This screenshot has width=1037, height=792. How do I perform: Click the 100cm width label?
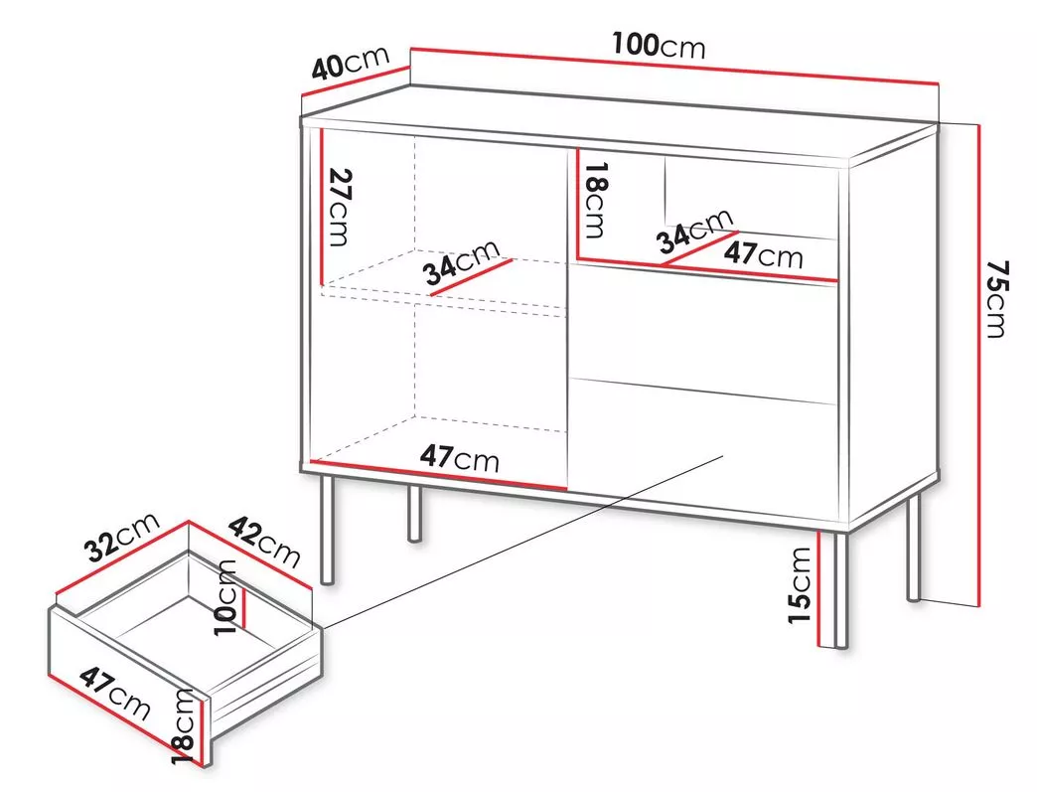[658, 46]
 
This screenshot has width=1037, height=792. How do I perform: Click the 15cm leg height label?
[800, 585]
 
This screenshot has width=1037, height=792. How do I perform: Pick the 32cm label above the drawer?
[123, 537]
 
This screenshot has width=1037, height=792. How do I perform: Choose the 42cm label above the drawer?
[264, 542]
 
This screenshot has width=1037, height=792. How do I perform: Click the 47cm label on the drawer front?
[115, 694]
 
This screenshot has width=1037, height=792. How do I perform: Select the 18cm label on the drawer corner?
[183, 727]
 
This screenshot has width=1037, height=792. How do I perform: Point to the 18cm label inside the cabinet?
[593, 201]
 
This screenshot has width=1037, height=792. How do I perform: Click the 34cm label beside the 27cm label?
[462, 262]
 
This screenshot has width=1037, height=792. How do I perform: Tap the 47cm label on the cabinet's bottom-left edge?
[460, 457]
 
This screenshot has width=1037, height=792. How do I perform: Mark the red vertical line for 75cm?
[978, 365]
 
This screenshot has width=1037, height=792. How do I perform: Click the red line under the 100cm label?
[674, 66]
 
